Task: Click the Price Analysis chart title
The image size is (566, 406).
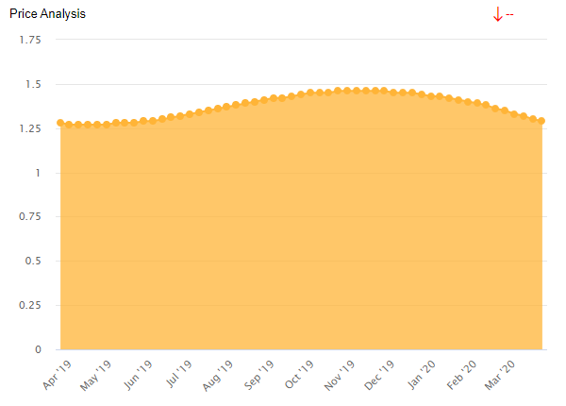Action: pyautogui.click(x=47, y=14)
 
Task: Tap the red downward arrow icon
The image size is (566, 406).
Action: pyautogui.click(x=497, y=14)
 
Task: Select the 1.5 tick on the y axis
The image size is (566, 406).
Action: pyautogui.click(x=34, y=84)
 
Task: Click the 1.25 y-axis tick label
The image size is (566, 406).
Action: pyautogui.click(x=30, y=128)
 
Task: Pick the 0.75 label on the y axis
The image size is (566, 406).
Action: pyautogui.click(x=30, y=216)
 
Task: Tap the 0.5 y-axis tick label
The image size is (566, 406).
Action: pyautogui.click(x=34, y=261)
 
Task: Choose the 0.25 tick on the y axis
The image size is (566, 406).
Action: pyautogui.click(x=30, y=305)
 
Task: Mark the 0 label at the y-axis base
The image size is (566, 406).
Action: pyautogui.click(x=39, y=349)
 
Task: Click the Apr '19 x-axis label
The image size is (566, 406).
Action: pyautogui.click(x=58, y=374)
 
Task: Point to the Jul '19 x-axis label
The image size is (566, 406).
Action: pyautogui.click(x=180, y=374)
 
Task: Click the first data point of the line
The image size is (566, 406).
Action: pyautogui.click(x=60, y=123)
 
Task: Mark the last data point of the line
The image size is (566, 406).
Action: pyautogui.click(x=541, y=121)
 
